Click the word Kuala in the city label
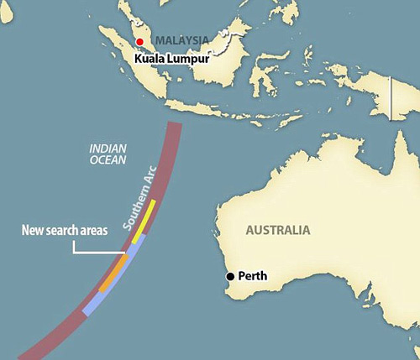click(x=152, y=60)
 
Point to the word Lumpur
click(x=190, y=60)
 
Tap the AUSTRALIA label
click(x=277, y=230)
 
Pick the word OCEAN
click(x=107, y=161)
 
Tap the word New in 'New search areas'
click(x=33, y=231)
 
